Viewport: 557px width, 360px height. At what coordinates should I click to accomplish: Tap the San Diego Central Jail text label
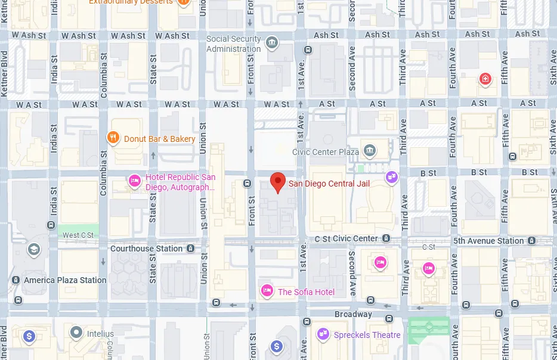click(329, 184)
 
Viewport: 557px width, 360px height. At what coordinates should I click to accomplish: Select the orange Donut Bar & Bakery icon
click(113, 138)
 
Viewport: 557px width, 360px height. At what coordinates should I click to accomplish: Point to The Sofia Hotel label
click(306, 292)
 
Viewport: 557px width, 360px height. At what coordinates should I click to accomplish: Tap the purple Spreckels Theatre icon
click(324, 334)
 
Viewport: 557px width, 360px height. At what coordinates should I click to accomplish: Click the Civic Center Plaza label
click(325, 152)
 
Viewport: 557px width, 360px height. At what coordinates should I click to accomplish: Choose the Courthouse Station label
click(146, 249)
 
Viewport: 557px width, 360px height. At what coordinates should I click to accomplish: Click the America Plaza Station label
click(64, 280)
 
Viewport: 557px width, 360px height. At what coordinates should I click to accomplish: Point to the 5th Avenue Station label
click(488, 241)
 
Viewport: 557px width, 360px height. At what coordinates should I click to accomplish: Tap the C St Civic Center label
click(347, 238)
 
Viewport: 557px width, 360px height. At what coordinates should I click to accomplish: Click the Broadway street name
click(353, 314)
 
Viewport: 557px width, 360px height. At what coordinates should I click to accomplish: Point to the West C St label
click(78, 235)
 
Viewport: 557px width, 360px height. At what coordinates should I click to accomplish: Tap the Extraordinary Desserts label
click(131, 2)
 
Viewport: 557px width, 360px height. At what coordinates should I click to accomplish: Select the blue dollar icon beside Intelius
click(28, 336)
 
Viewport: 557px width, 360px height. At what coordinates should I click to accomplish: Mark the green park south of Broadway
click(429, 327)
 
